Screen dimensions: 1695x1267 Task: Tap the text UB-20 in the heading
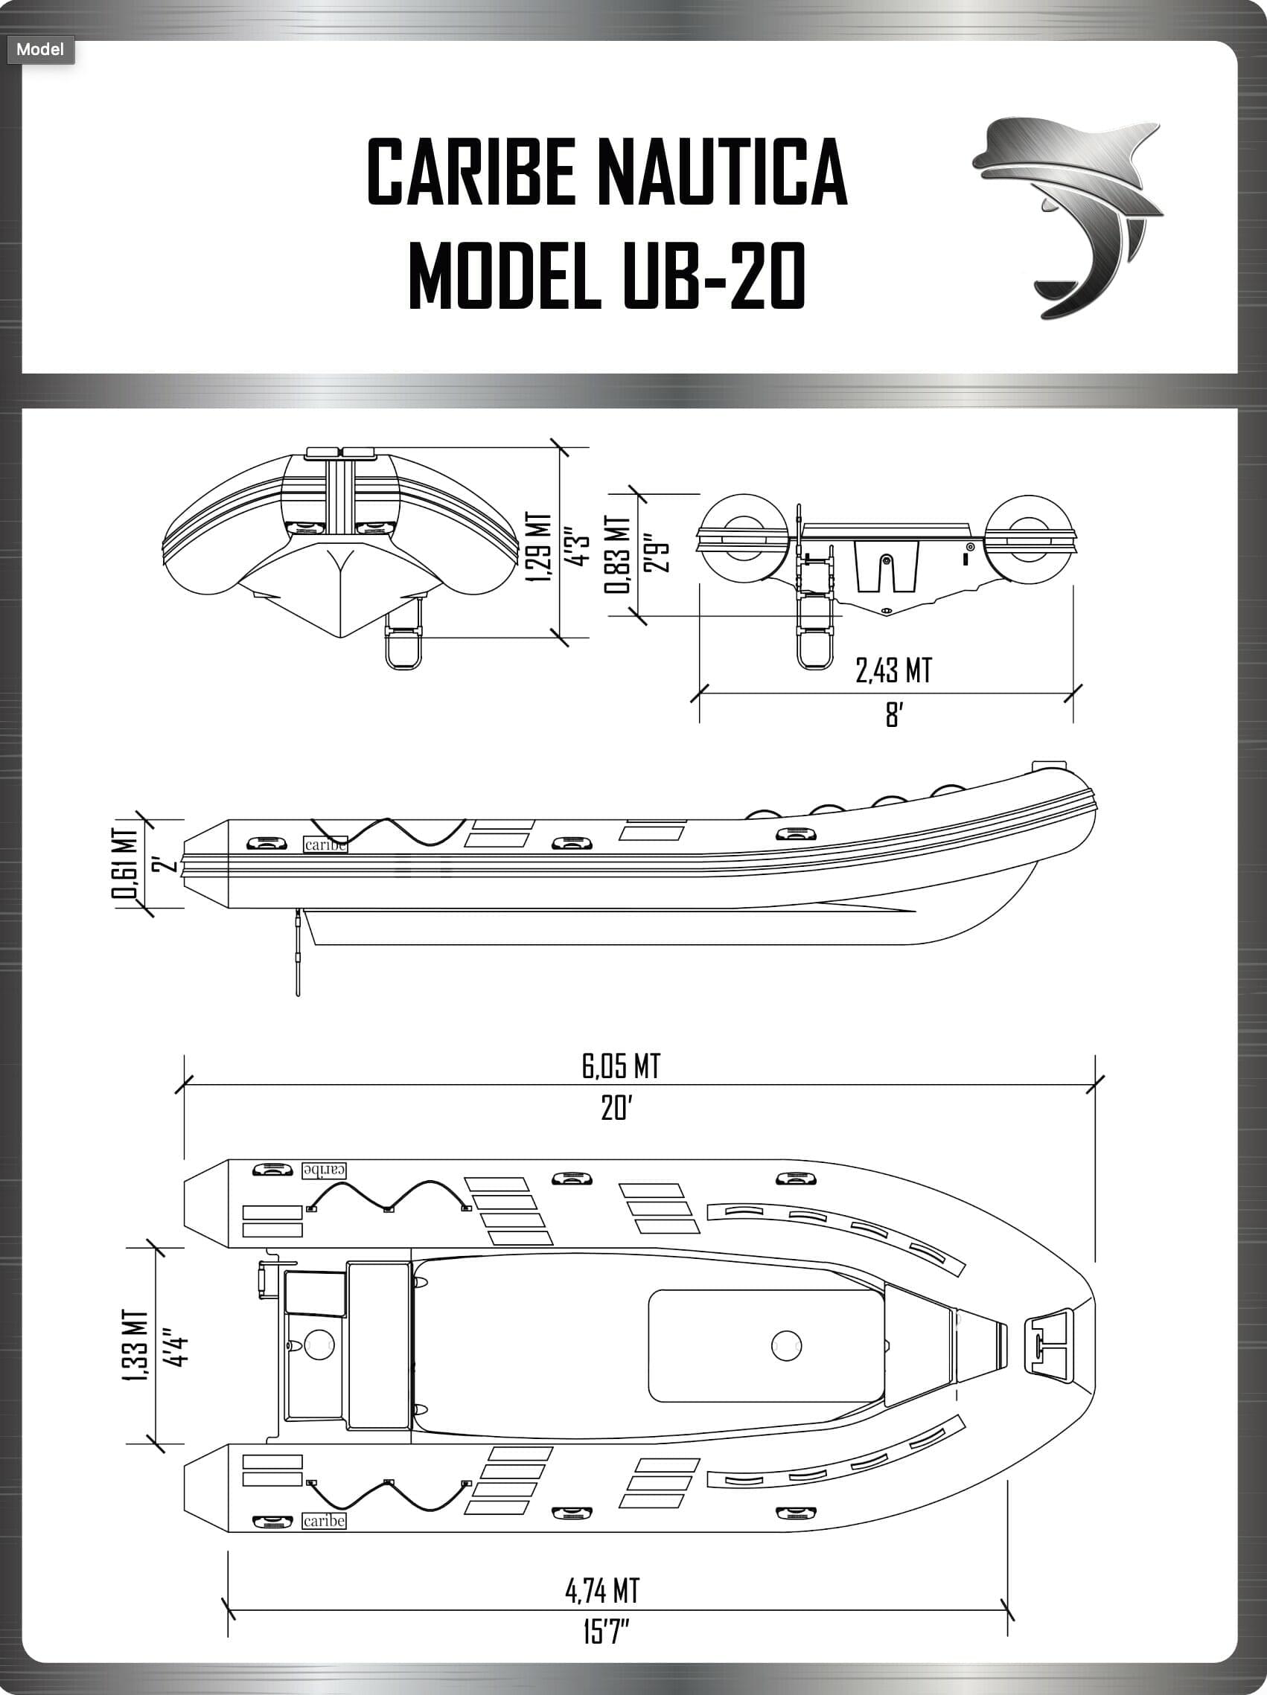(713, 276)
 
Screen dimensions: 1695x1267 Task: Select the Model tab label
(40, 50)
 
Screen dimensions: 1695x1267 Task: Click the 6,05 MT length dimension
(621, 1067)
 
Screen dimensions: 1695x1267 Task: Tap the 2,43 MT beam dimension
(894, 671)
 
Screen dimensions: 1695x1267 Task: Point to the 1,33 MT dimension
(135, 1346)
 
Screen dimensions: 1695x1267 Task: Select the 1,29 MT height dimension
(540, 548)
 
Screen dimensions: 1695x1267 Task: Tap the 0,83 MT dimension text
(618, 554)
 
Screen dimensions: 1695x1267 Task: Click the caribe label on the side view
(325, 845)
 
